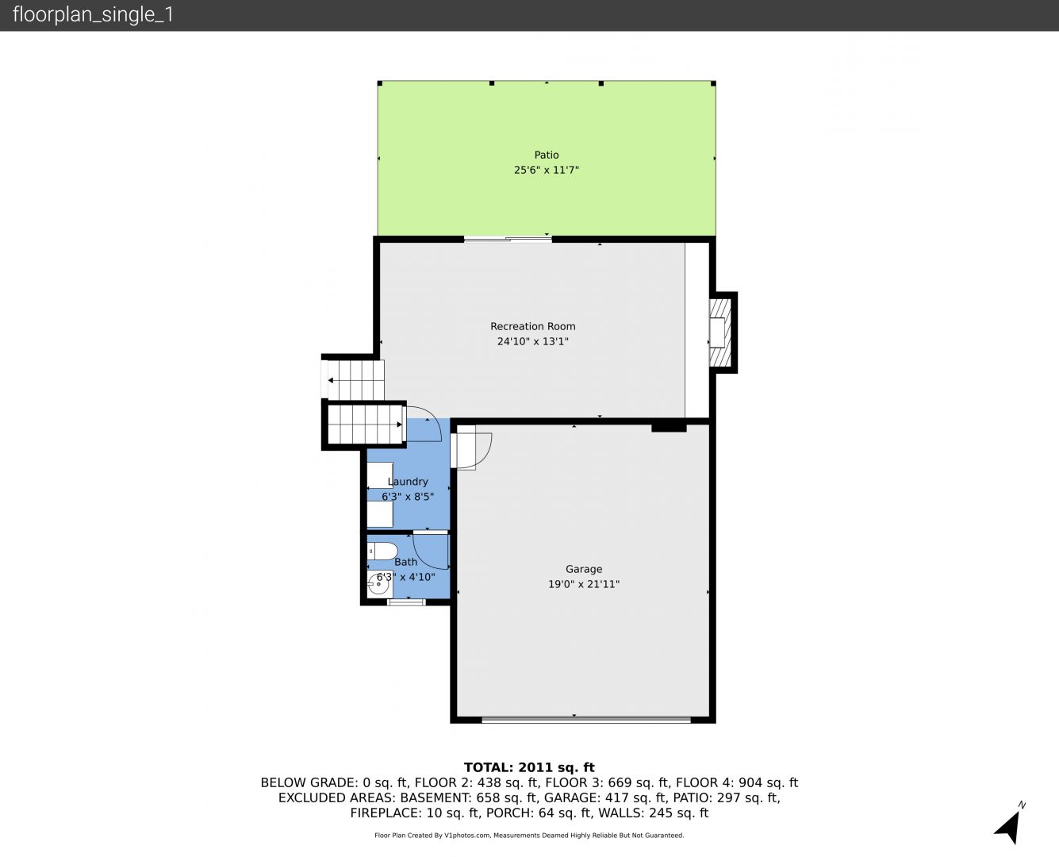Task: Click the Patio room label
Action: coord(547,155)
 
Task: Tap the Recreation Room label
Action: coord(532,326)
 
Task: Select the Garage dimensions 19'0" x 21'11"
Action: coord(584,584)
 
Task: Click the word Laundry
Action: coord(408,482)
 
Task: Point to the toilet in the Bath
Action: coord(382,551)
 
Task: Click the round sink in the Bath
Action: coord(380,585)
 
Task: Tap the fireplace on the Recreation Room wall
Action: coord(720,332)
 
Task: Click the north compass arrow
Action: coord(1007,827)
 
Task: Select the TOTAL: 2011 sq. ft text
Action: coord(529,767)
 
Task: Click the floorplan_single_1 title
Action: coord(93,14)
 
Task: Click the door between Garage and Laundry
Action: coord(471,451)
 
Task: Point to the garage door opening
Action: coord(586,719)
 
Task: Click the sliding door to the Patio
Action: coord(508,239)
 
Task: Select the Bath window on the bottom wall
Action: coord(406,602)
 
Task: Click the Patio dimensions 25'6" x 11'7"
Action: coord(547,170)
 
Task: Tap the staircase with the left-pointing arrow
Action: coord(353,380)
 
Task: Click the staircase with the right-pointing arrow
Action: coord(365,425)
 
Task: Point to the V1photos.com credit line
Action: coord(529,835)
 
